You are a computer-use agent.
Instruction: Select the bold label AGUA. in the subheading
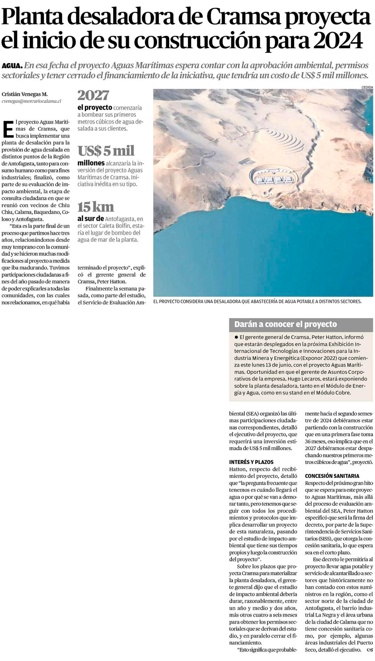click(x=12, y=66)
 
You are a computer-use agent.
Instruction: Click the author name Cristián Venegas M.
click(x=25, y=94)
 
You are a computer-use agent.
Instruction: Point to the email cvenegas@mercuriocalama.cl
click(x=31, y=101)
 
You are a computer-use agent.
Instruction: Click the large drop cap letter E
click(x=8, y=129)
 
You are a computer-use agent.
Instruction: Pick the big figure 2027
click(x=93, y=95)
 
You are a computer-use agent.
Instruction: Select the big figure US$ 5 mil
click(x=106, y=150)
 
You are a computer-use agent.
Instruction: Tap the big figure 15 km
click(x=95, y=207)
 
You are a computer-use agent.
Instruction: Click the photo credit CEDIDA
click(x=367, y=87)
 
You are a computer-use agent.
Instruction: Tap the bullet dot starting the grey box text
click(x=236, y=337)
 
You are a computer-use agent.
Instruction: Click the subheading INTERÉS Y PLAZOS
click(x=251, y=462)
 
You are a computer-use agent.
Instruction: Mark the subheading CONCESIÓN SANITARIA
click(x=332, y=476)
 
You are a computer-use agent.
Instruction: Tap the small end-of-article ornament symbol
click(x=370, y=650)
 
